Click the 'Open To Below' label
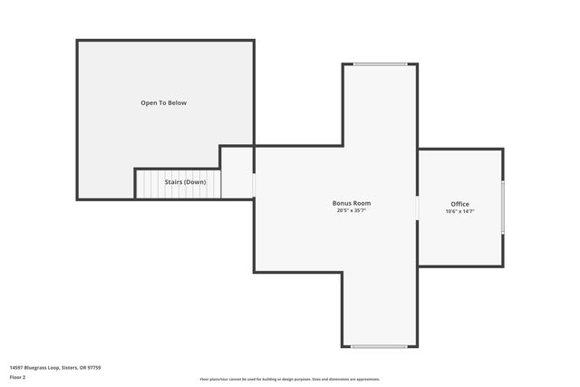(x=163, y=103)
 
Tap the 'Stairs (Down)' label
(x=184, y=182)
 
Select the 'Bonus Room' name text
(x=351, y=203)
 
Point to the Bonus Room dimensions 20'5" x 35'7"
(x=351, y=211)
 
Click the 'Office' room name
(x=459, y=203)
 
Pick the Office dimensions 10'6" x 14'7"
(x=459, y=211)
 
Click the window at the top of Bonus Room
(x=380, y=64)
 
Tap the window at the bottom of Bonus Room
(x=380, y=346)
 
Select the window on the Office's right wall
(x=502, y=208)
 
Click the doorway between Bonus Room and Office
(x=417, y=208)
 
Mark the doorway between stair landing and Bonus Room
(x=254, y=185)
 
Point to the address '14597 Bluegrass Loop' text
(x=34, y=367)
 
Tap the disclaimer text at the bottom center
(x=289, y=379)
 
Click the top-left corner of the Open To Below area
(x=78, y=42)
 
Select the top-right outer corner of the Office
(x=502, y=150)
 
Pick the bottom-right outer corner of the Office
(x=502, y=266)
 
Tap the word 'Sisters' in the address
(x=70, y=367)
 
